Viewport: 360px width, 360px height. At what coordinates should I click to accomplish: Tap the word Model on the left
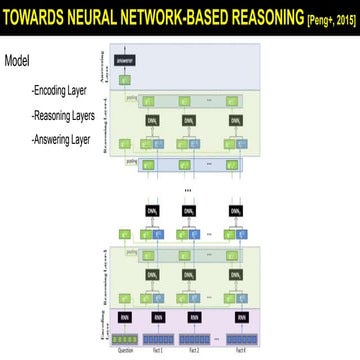click(17, 60)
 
